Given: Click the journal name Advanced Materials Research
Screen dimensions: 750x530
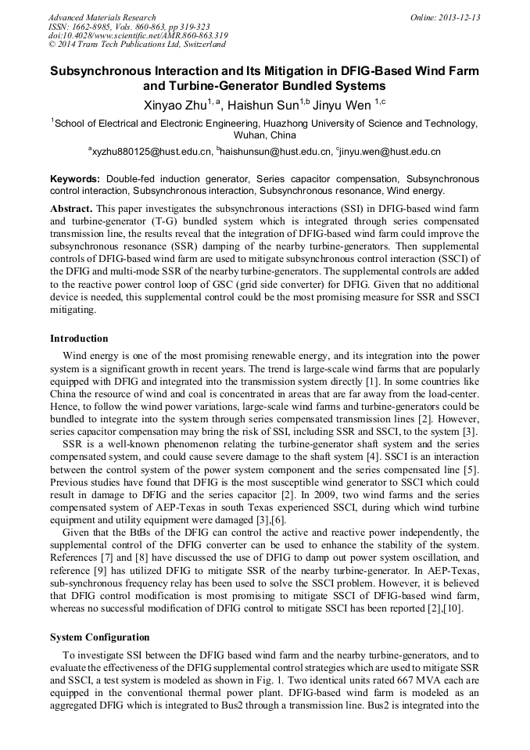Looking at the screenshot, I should click(102, 17).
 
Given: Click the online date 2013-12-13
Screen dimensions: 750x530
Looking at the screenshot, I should click(457, 17).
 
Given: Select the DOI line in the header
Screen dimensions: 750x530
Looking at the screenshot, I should click(138, 36).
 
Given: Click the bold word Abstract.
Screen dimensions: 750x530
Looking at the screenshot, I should click(71, 210).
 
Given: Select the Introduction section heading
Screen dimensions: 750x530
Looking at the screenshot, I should click(79, 339).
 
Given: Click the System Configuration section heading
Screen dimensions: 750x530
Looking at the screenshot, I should click(99, 637).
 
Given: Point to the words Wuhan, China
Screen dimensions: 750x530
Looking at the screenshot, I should click(265, 135).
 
